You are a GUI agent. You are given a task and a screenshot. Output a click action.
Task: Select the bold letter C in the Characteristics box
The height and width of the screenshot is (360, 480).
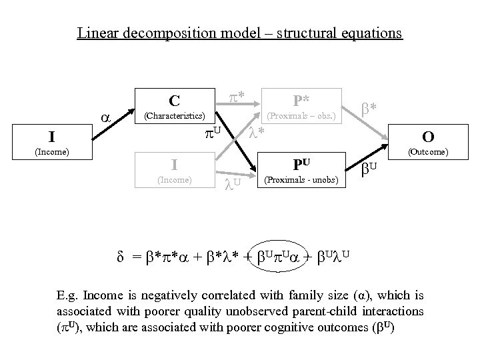pos(174,101)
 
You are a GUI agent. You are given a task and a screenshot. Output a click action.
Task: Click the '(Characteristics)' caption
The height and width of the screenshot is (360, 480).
pos(175,116)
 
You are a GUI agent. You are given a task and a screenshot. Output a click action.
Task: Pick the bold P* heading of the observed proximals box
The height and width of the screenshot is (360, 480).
pos(301,101)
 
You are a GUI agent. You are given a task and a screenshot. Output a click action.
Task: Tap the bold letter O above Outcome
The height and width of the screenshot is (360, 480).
pos(429,137)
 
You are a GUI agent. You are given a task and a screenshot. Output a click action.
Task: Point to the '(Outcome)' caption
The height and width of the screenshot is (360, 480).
pos(429,152)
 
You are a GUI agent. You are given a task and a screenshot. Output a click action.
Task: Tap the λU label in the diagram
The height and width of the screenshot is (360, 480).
pos(232,182)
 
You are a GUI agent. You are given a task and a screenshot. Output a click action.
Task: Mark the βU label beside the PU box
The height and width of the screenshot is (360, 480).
pos(371,169)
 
